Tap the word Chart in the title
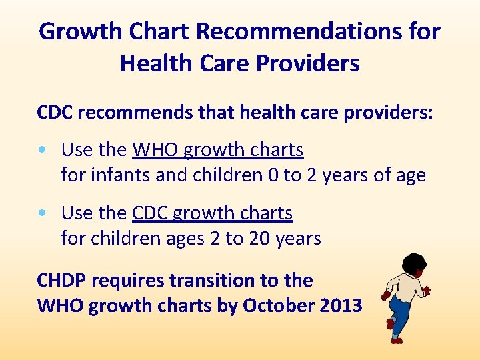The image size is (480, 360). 149,31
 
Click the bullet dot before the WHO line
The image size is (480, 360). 43,151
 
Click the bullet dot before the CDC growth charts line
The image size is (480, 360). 43,213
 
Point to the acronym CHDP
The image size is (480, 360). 61,280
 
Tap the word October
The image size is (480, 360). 276,305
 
